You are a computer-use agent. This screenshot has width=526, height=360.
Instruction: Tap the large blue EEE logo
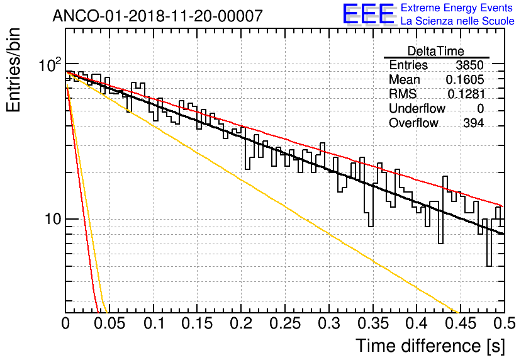click(x=368, y=14)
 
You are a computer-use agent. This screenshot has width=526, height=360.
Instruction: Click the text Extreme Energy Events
click(x=457, y=8)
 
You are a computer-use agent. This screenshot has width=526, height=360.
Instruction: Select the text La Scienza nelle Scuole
click(x=457, y=21)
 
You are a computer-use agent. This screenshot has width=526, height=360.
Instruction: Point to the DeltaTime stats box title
click(x=436, y=51)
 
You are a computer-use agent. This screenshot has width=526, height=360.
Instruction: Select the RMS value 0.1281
click(x=465, y=94)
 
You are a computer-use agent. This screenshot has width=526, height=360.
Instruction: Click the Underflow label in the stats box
click(x=417, y=109)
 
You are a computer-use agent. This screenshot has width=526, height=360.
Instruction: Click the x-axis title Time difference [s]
click(x=429, y=346)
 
